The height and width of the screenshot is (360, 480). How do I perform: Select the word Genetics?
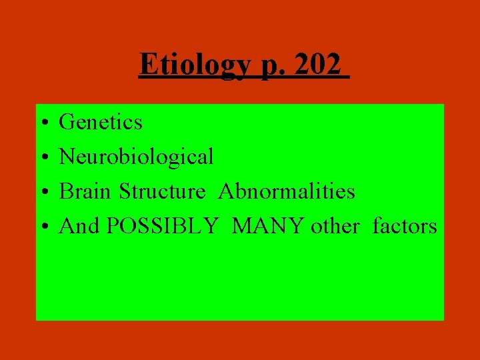[101, 122]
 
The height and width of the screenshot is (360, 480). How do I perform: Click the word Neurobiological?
[137, 157]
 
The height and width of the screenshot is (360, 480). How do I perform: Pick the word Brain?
[86, 191]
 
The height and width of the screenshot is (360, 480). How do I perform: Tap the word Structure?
[162, 191]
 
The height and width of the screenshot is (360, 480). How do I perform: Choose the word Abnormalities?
[287, 191]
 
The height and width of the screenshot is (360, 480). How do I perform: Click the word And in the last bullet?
[79, 226]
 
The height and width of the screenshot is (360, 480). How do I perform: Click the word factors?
[405, 226]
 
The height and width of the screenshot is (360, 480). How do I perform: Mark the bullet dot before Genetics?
[43, 123]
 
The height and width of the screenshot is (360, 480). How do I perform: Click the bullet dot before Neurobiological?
[43, 158]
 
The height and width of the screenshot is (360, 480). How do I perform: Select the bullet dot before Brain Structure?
[43, 193]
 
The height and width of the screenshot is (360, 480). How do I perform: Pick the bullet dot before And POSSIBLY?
[43, 227]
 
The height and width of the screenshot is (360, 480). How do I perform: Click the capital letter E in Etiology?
[147, 64]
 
